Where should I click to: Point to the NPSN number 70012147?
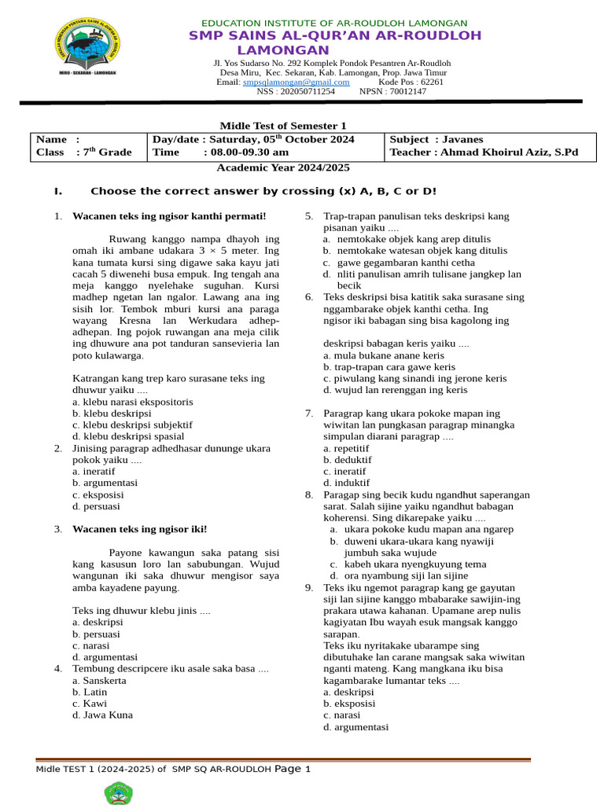click(x=408, y=91)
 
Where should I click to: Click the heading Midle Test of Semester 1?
click(x=283, y=126)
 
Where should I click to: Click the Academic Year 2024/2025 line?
click(x=283, y=167)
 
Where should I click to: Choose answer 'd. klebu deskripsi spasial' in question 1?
click(x=127, y=436)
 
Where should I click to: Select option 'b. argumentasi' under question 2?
click(x=105, y=483)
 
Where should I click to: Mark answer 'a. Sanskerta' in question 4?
click(x=99, y=680)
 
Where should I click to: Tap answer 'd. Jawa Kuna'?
click(x=102, y=715)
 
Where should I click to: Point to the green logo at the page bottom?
click(x=118, y=794)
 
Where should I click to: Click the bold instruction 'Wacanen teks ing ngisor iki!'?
click(x=140, y=529)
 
